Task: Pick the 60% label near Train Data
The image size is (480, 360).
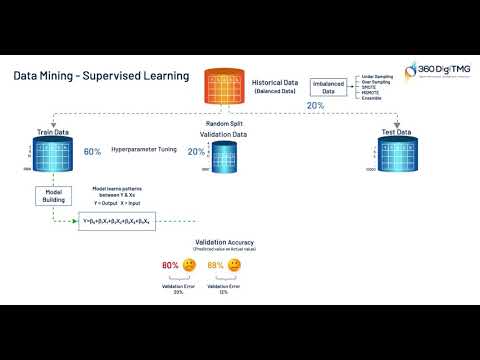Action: click(x=93, y=151)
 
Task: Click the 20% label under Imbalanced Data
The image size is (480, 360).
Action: click(x=315, y=105)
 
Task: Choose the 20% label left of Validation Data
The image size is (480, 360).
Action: click(x=195, y=151)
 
